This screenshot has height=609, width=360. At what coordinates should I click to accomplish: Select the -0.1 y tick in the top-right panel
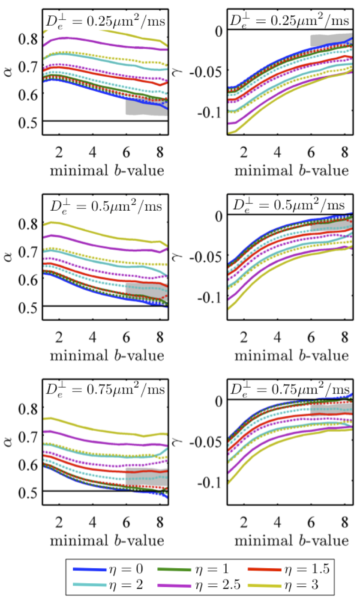210,112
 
